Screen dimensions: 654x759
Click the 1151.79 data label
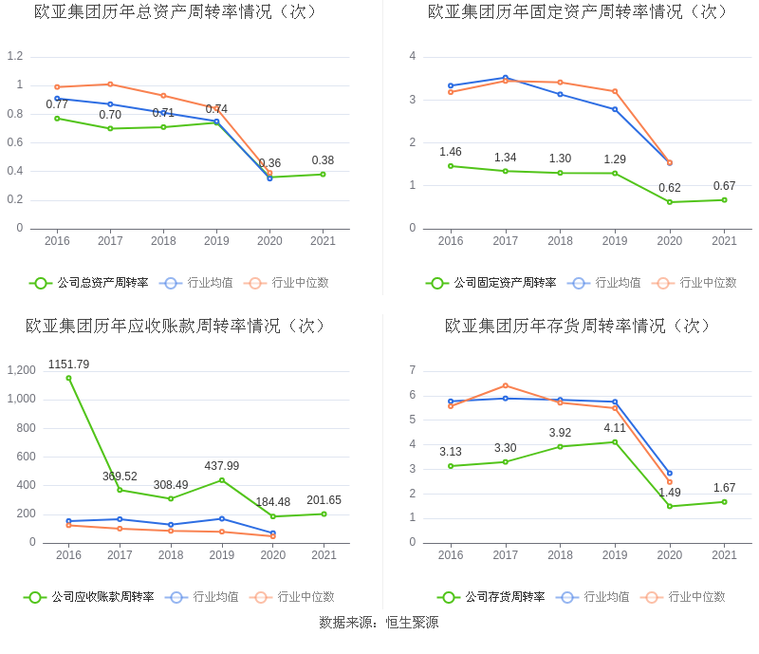pos(68,364)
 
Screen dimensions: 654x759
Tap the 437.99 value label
pos(222,466)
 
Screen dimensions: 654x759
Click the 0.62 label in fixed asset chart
pos(670,188)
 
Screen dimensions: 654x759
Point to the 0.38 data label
pos(323,160)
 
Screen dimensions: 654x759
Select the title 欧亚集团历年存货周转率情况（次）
pos(578,326)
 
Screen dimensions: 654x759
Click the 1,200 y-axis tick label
pos(20,370)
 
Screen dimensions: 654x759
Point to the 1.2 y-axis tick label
pos(14,56)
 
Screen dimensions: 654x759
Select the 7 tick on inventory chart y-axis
pos(412,369)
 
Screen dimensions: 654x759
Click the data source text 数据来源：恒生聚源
pos(379,623)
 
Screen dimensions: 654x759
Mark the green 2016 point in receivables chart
pos(68,378)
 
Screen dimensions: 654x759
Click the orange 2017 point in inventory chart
pos(506,385)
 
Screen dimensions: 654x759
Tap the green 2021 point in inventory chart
pos(724,502)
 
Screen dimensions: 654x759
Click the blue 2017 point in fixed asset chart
pos(506,78)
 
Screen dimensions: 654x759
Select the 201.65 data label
pos(324,500)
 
